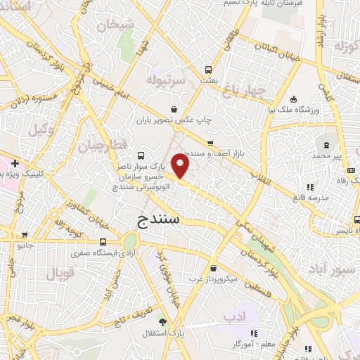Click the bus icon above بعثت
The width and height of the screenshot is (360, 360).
[208, 70]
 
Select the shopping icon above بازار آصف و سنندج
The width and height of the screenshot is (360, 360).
[210, 143]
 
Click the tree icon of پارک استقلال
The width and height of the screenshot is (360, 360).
[163, 321]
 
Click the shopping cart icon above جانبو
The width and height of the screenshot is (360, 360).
[25, 236]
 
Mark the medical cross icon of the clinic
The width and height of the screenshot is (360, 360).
[14, 163]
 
